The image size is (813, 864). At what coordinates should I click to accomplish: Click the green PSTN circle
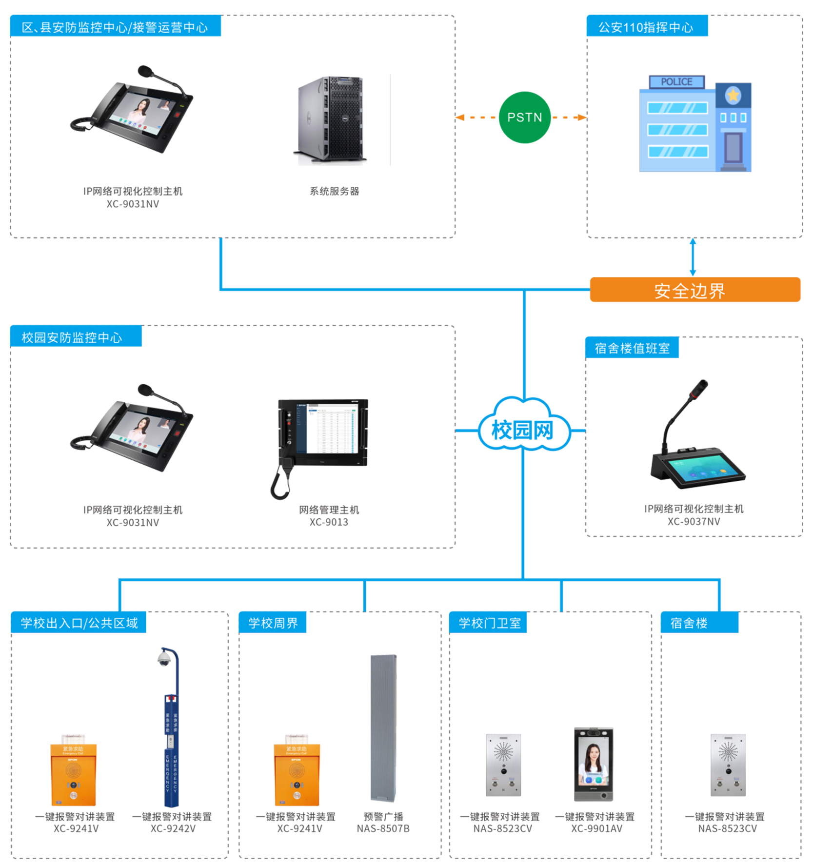[x=524, y=118]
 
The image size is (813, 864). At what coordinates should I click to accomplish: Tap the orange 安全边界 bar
[x=694, y=290]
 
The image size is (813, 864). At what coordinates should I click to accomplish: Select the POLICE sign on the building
[x=676, y=82]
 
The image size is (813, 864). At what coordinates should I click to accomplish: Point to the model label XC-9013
[x=329, y=522]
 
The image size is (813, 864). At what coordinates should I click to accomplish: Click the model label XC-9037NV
[x=694, y=521]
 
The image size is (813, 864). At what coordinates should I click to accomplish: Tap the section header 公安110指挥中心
[x=646, y=27]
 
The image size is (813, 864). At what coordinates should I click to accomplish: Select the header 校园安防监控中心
[x=72, y=337]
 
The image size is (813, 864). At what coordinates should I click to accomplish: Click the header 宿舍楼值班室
[x=632, y=348]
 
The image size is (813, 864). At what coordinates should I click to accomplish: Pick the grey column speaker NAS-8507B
[x=384, y=728]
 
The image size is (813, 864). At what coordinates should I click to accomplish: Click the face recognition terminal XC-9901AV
[x=594, y=764]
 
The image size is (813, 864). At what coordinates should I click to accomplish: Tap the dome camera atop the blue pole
[x=164, y=659]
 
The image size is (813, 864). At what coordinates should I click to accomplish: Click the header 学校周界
[x=273, y=623]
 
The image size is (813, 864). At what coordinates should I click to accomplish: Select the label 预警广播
[x=383, y=817]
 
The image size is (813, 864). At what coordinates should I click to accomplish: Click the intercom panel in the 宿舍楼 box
[x=728, y=765]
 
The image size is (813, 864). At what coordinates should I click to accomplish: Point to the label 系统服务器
[x=335, y=191]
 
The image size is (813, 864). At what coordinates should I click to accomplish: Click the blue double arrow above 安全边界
[x=693, y=257]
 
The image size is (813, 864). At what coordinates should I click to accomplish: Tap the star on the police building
[x=733, y=95]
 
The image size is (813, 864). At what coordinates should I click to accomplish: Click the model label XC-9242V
[x=173, y=828]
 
